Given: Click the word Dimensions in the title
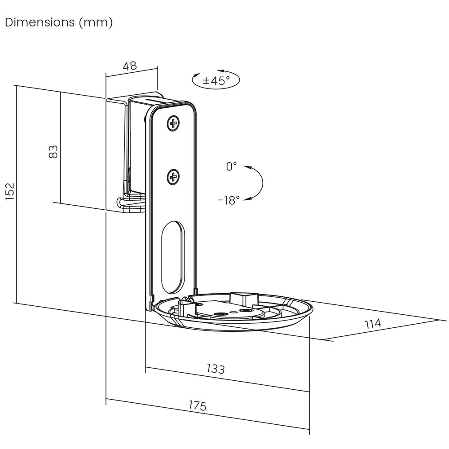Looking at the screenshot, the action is click(40, 22).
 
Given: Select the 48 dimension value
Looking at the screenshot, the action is click(130, 66).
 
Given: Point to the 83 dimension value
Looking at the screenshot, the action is click(53, 152).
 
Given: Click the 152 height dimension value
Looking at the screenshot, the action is click(10, 191).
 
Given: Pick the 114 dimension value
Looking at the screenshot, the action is click(373, 323).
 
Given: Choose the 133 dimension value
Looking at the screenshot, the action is click(216, 369).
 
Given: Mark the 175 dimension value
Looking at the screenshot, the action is click(198, 405).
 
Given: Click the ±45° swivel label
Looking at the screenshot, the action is click(216, 80).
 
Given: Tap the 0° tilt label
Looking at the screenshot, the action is click(231, 167).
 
